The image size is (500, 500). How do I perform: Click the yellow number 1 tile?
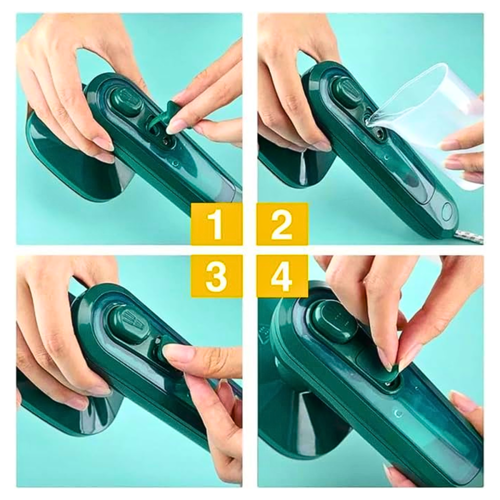[217, 224]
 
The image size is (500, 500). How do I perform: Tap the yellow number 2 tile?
[282, 224]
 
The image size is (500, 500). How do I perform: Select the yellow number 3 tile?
[217, 276]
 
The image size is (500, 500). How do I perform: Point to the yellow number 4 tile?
[282, 276]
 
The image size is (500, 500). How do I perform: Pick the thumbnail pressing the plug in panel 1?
[174, 125]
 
